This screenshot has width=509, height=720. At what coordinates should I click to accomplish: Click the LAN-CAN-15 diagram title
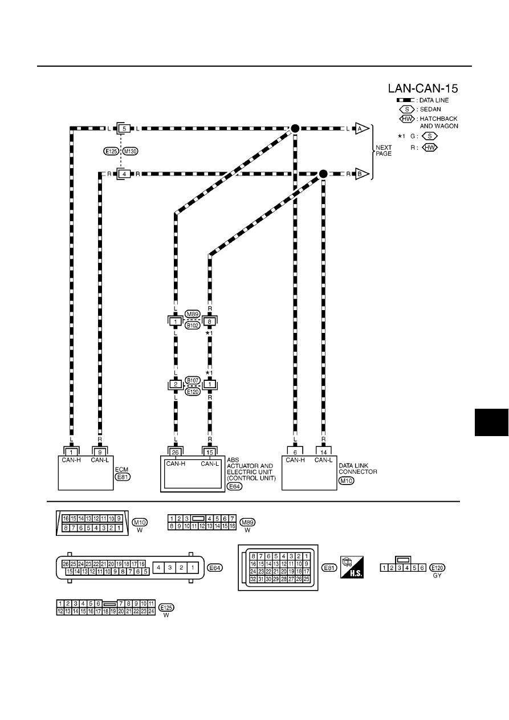(423, 88)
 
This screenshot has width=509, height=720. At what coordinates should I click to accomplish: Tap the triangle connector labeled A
(362, 129)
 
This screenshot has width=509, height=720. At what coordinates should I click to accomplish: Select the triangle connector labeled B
(362, 174)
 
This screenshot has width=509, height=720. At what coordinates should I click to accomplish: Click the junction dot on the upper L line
(295, 129)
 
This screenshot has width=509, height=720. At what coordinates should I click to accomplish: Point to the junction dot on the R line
(323, 174)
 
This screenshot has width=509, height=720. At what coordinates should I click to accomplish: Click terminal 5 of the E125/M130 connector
(124, 129)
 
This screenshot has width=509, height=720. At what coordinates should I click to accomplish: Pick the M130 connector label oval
(131, 151)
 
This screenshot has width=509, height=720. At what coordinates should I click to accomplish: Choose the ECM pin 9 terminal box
(100, 452)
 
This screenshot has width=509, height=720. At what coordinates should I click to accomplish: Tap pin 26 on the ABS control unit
(176, 452)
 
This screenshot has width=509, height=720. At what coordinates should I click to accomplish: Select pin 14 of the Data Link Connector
(323, 452)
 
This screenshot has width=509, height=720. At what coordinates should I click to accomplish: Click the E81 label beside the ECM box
(123, 477)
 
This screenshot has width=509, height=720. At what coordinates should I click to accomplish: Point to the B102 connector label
(192, 326)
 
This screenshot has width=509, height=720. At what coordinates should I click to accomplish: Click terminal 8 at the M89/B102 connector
(210, 322)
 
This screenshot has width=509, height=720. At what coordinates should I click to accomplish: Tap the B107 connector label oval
(193, 381)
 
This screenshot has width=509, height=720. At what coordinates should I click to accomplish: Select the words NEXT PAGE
(384, 150)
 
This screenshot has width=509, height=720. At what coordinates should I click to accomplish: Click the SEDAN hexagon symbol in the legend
(407, 109)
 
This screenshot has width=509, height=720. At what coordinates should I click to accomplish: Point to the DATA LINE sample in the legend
(405, 100)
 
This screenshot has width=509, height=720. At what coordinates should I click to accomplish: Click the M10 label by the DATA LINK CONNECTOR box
(346, 481)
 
